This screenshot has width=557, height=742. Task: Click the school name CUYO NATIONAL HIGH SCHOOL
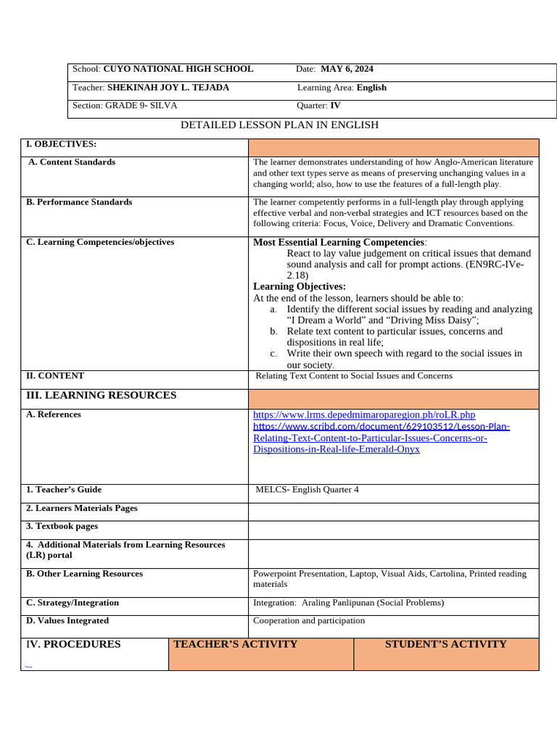pos(178,69)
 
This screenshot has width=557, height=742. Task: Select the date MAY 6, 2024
pos(347,69)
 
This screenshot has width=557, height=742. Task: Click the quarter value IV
pos(335,106)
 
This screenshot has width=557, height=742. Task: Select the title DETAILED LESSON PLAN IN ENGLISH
pos(279,125)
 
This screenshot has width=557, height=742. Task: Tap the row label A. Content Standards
pos(72,162)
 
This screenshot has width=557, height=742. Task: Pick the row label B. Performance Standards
pos(79,202)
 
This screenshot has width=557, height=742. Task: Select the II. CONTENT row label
pos(55,376)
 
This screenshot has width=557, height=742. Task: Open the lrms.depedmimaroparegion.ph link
pos(364,414)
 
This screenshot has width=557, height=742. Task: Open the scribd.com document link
pos(381,426)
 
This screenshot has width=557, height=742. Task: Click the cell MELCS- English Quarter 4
pos(307,490)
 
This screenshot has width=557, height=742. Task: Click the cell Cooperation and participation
pos(309,621)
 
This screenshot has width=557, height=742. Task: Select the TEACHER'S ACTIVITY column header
pos(235,644)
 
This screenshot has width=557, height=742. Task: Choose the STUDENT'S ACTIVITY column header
pos(445,644)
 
